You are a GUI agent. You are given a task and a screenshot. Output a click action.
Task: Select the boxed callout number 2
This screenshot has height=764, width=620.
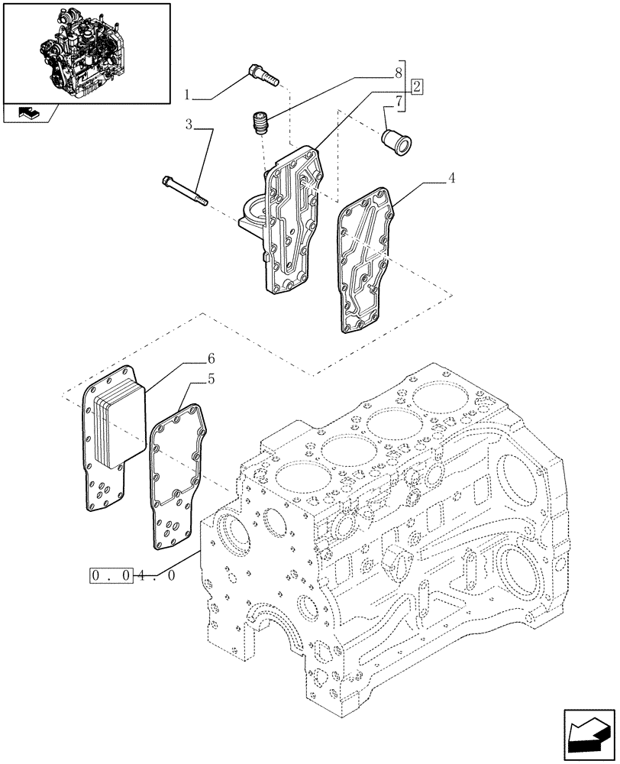click(x=416, y=86)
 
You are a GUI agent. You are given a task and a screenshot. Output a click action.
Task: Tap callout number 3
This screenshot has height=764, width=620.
click(x=188, y=124)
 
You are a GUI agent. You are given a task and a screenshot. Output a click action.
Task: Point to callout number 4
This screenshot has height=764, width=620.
click(x=451, y=178)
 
